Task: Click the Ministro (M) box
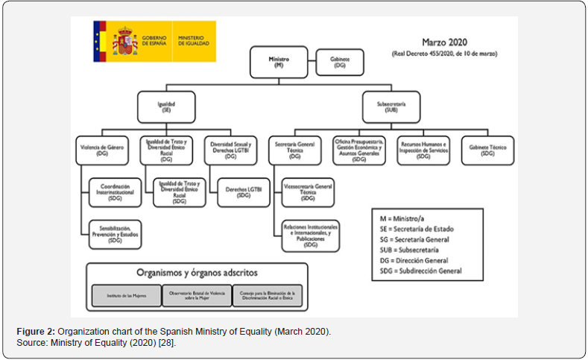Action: click(278, 61)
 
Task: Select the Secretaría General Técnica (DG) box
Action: click(294, 151)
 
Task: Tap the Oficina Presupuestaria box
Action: click(359, 151)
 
